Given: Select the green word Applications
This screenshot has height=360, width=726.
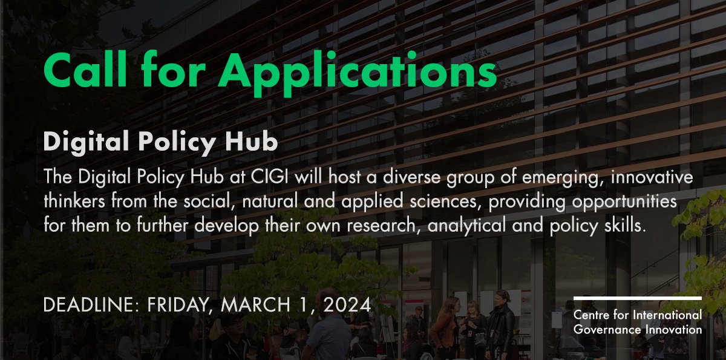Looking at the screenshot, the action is coord(358,74).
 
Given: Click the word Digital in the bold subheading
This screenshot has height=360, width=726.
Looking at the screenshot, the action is coord(86,142).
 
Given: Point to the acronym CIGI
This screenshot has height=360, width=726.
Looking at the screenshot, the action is coord(269,177).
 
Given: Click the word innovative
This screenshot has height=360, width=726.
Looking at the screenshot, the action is coord(652,177).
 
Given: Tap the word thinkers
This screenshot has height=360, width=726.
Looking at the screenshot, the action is coord(74,201).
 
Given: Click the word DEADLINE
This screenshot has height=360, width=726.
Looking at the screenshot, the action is coord(91,305).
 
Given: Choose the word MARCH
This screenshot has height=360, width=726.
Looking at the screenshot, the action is coord(255,305).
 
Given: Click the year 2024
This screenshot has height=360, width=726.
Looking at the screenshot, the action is coord(347,305).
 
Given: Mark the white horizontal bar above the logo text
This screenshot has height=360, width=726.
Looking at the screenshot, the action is coord(638,298).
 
